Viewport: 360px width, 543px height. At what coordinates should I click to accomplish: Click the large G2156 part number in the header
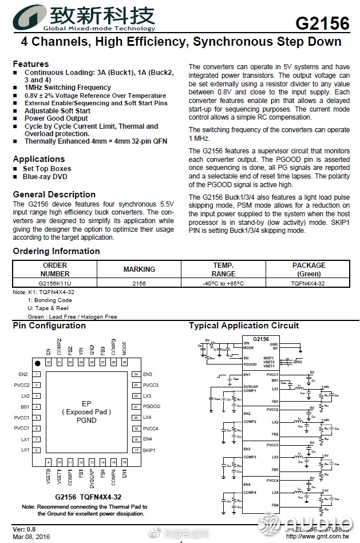322,23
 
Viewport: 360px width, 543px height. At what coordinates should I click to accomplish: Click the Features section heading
31,64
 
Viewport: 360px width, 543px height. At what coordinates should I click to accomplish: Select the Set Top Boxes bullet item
47,169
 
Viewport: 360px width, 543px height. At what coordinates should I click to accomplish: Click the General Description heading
54,195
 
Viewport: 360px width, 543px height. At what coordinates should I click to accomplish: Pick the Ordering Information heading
56,251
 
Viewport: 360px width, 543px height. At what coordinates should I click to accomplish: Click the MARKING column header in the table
139,269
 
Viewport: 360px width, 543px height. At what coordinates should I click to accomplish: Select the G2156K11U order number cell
55,283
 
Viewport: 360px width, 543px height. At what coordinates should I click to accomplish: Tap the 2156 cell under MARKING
139,283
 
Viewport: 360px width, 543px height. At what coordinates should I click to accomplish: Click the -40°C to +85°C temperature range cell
223,283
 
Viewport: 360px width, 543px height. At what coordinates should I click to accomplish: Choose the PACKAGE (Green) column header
308,269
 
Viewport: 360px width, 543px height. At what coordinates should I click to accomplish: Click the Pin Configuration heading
49,326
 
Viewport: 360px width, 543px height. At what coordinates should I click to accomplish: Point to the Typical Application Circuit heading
244,326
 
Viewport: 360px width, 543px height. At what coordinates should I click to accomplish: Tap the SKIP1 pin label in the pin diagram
149,450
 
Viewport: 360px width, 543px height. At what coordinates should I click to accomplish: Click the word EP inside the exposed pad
86,403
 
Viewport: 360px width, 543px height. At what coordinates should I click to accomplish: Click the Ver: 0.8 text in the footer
24,529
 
